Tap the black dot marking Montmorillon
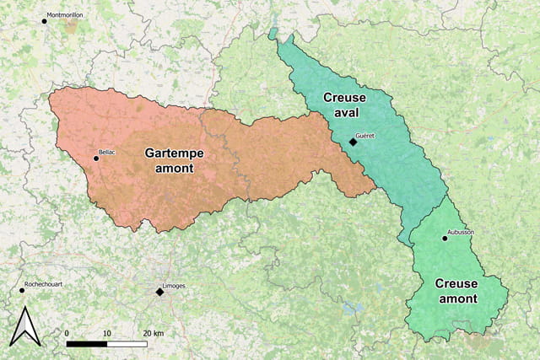[45, 20]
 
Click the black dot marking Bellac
[95, 158]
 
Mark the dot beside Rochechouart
[22, 290]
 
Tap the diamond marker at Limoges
[159, 292]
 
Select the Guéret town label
[365, 135]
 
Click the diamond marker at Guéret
[353, 142]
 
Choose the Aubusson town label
[462, 232]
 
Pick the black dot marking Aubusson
[445, 239]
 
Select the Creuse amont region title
[456, 291]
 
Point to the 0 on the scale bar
[67, 333]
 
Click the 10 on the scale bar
[106, 333]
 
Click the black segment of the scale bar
[86, 343]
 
